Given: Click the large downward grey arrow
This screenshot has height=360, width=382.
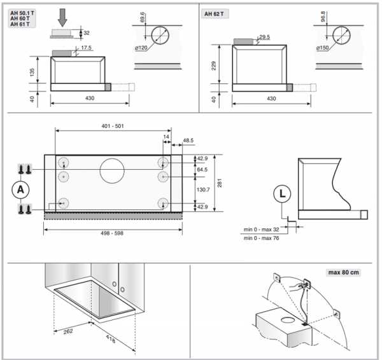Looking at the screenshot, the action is [x=62, y=18].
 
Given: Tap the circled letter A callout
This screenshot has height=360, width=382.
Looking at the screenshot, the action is [x=21, y=190].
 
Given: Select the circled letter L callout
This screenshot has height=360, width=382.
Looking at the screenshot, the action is [x=282, y=194].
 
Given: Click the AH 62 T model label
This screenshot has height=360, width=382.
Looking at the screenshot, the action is [x=214, y=14].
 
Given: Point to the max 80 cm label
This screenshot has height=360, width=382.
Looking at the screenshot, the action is [x=344, y=272].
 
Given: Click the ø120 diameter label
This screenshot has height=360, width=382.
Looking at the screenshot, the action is [x=141, y=48].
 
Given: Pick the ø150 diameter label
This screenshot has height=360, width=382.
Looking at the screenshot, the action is [x=323, y=48].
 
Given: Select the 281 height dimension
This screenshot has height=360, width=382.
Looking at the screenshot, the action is [x=219, y=183].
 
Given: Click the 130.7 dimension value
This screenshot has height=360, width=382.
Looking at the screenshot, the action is [x=203, y=190].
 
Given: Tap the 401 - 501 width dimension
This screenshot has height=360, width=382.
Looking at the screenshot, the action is [x=113, y=126].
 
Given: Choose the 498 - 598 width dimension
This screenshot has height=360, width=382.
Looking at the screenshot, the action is [x=112, y=233].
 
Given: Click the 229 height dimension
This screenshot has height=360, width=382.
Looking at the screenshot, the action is [x=214, y=66].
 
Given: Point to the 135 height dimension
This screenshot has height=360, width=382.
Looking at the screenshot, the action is [x=32, y=72].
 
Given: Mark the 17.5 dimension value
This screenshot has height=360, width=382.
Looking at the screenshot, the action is [x=86, y=48].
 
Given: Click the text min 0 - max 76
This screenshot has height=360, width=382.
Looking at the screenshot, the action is [x=262, y=238].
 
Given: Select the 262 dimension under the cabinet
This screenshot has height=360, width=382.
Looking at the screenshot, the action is [x=68, y=331].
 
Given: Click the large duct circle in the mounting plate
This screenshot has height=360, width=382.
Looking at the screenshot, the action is [x=112, y=171].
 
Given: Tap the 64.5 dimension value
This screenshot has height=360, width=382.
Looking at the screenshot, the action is [x=202, y=169].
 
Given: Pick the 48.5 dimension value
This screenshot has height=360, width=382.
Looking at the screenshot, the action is [x=188, y=141].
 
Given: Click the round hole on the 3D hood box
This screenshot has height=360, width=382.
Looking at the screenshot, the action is [x=288, y=319].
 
